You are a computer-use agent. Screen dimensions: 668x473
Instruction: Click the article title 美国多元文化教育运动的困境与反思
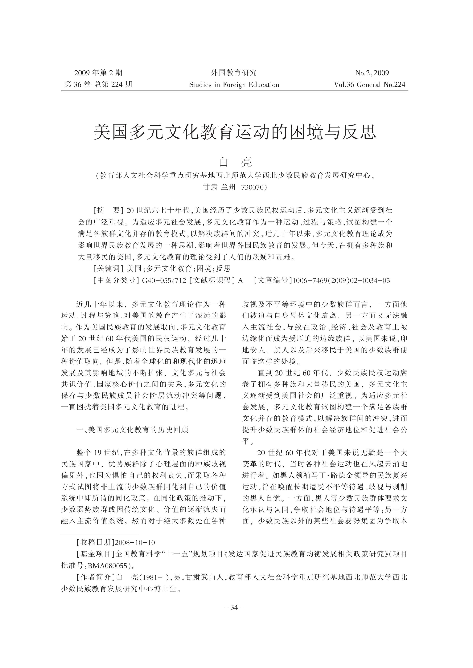click(235, 132)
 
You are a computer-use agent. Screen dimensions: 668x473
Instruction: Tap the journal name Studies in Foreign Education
click(234, 85)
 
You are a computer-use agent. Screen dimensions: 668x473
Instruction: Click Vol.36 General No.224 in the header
click(369, 85)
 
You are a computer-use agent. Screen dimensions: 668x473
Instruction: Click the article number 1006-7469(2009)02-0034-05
click(341, 281)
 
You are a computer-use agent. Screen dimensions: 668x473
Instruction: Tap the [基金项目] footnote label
click(96, 554)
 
